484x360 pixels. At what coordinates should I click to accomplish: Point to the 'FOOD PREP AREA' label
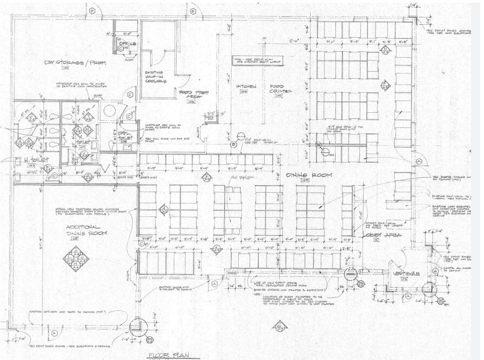[194, 96]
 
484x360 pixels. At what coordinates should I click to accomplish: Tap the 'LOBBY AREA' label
[373, 236]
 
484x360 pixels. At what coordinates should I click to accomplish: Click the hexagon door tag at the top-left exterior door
[92, 10]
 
